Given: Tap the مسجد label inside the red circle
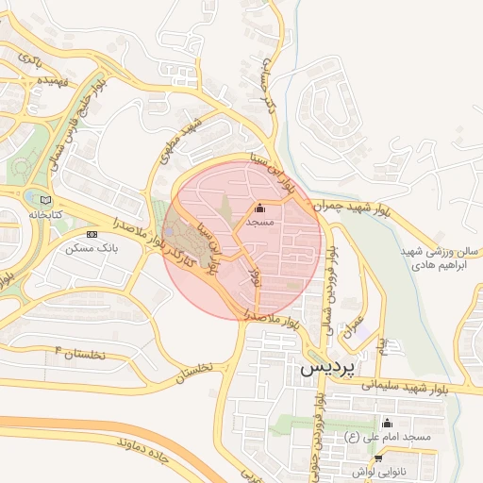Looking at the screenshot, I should pos(259,223).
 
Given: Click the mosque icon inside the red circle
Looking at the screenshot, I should pos(260,208).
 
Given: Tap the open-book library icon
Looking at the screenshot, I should pos(47,200).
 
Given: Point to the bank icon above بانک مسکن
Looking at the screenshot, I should pos(92,234).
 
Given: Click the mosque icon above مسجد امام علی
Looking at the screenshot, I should pos(386,423).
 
